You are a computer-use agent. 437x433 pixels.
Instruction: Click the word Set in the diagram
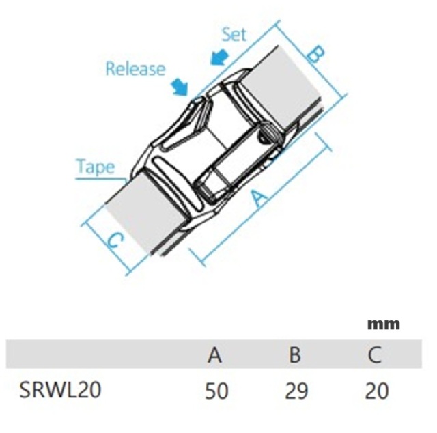(234, 35)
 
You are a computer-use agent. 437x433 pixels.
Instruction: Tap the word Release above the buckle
(135, 68)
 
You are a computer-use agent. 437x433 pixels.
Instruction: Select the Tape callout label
(96, 167)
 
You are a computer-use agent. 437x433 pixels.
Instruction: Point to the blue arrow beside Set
(219, 57)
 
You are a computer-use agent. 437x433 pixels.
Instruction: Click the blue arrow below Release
(180, 87)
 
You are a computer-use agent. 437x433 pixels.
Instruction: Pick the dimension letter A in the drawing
(259, 197)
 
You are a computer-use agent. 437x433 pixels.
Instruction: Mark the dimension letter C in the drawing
(115, 240)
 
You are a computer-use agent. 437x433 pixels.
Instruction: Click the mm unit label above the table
(384, 324)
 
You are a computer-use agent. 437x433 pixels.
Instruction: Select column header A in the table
(214, 355)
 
